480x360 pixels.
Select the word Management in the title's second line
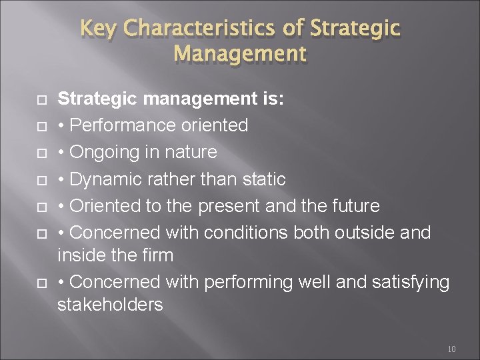click(240, 53)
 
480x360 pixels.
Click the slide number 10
click(451, 349)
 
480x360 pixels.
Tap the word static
click(263, 179)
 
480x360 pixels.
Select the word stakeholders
click(110, 305)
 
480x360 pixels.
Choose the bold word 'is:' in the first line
click(272, 99)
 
